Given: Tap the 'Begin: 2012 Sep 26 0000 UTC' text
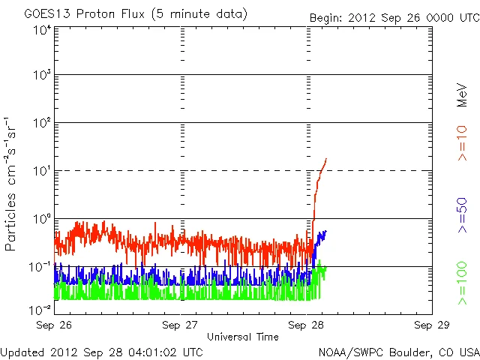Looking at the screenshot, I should tap(394, 17).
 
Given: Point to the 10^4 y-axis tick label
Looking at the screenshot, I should tap(40, 30).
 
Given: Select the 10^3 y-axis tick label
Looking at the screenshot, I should tap(40, 76).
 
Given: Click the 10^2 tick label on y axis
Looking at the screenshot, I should tap(40, 124).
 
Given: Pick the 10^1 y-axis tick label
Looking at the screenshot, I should tap(40, 172).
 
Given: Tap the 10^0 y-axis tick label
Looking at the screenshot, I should tap(40, 220).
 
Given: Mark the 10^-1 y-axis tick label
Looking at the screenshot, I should tap(40, 267).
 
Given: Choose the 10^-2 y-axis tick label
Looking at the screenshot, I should tap(40, 309).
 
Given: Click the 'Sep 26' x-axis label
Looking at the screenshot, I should tap(54, 325).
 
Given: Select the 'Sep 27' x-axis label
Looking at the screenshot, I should tap(180, 325).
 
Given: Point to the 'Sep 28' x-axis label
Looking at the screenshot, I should tap(306, 325).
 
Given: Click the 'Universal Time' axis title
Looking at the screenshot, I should tap(244, 337).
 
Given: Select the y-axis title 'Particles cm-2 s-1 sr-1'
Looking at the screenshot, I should tap(12, 183).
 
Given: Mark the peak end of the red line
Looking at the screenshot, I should tap(326, 159).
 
